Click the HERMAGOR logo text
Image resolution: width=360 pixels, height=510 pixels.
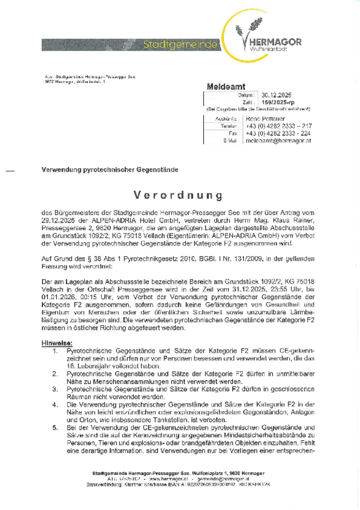[x=275, y=42]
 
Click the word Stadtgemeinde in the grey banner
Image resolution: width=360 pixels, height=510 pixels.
[x=181, y=44]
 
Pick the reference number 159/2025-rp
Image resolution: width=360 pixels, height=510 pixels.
[x=282, y=102]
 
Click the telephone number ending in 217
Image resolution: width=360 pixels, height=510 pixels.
[x=278, y=126]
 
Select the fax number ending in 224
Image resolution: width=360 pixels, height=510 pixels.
[x=278, y=133]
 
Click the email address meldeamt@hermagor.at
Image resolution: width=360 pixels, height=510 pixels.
[x=278, y=141]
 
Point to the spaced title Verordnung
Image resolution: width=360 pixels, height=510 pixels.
[x=179, y=193]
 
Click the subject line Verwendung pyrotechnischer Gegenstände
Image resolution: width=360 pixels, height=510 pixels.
[x=110, y=170]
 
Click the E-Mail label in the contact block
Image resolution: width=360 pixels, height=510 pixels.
[x=229, y=141]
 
